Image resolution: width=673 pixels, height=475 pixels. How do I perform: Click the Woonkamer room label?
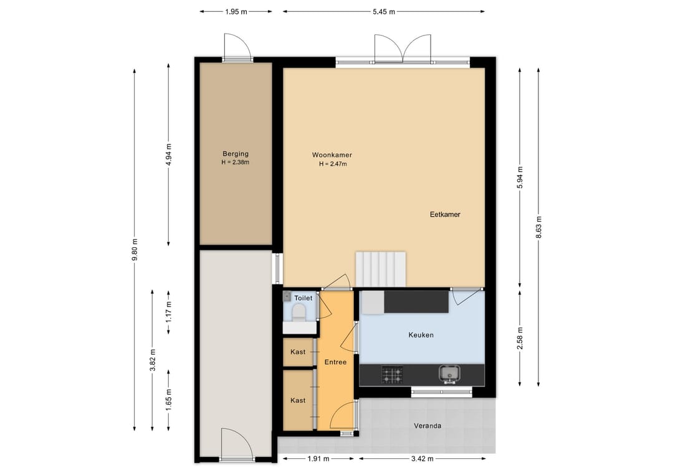[x=332, y=155]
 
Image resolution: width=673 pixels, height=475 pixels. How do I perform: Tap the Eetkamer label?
[x=445, y=214]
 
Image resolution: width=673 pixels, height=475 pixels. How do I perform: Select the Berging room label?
[x=235, y=154]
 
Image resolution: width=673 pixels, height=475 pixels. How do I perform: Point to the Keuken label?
[x=421, y=335]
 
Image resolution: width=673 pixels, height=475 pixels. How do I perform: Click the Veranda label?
[x=427, y=426]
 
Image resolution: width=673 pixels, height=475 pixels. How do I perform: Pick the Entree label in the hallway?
[x=335, y=362]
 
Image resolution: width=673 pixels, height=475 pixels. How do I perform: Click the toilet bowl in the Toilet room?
[x=298, y=313]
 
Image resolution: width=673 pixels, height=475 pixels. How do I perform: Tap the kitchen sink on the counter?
[x=449, y=374]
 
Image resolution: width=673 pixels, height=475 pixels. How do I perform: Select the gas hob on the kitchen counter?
[x=393, y=374]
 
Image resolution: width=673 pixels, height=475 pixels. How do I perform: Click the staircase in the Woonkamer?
[x=381, y=269]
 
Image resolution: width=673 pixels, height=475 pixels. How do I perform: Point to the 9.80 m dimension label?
[x=135, y=250]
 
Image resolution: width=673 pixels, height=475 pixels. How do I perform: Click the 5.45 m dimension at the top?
[x=384, y=12]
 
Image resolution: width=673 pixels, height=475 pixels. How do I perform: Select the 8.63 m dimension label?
[x=538, y=227]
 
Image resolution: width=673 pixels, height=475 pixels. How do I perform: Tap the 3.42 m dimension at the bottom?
[x=422, y=459]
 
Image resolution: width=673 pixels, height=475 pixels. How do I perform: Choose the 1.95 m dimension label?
[x=236, y=12]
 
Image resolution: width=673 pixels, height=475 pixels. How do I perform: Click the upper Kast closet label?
[x=298, y=352]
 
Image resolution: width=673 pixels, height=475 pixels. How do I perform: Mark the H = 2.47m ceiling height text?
[x=333, y=164]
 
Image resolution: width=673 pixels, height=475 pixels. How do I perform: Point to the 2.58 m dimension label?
[x=520, y=338]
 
